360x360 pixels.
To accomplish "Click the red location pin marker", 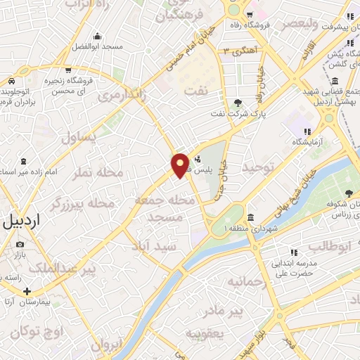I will click(181, 165).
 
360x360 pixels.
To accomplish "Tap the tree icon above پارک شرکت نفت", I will click(238, 103).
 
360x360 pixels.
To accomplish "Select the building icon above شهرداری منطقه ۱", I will click(251, 217).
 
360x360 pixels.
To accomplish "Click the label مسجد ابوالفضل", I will click(98, 47).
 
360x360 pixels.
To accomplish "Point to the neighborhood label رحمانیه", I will click(247, 281).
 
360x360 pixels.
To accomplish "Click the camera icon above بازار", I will click(19, 244).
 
